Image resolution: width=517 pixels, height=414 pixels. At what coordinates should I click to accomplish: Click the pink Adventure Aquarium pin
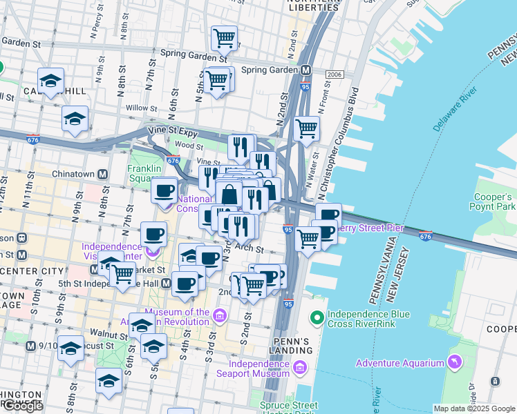click(454, 362)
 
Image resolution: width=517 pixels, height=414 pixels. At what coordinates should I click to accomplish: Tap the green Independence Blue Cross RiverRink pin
click(317, 318)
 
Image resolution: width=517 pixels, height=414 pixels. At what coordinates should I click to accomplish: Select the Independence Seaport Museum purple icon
click(300, 368)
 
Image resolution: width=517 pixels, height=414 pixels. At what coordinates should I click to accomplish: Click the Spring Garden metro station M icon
click(305, 70)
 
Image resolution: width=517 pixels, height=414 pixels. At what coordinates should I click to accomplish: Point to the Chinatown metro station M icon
click(102, 175)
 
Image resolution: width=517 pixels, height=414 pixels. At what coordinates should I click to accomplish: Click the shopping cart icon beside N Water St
click(306, 128)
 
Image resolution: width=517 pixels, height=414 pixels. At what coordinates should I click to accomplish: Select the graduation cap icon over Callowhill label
click(51, 81)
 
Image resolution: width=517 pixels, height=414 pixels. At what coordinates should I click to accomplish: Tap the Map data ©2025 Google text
click(473, 408)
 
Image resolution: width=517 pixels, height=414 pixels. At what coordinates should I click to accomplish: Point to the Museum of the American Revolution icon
click(220, 317)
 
